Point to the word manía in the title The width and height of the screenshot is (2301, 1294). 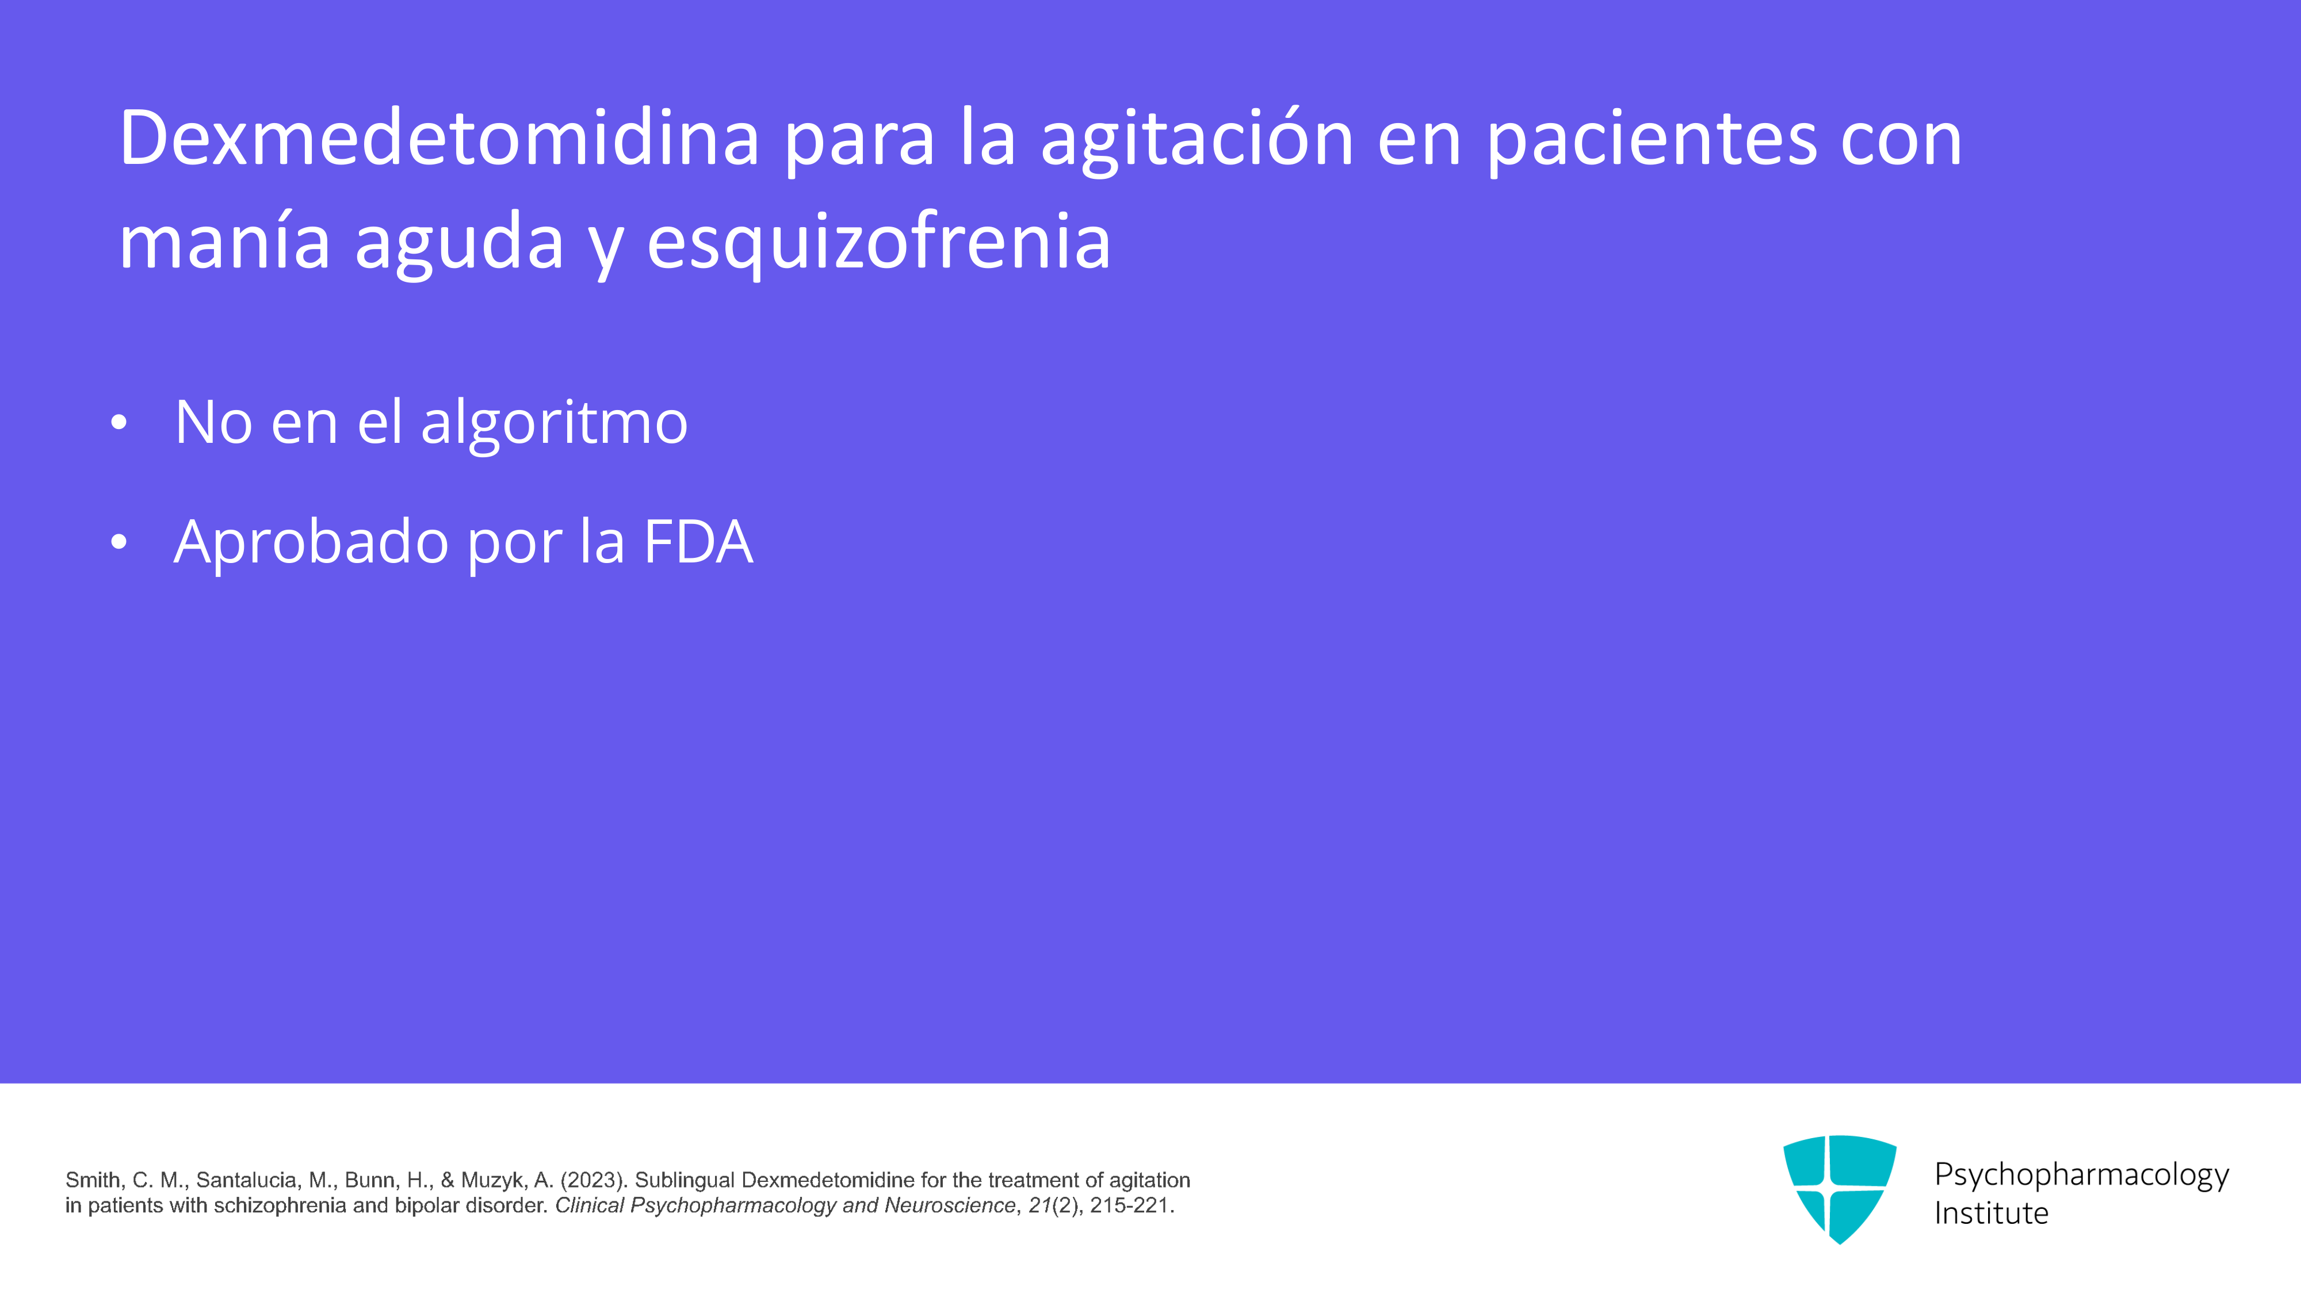(x=224, y=240)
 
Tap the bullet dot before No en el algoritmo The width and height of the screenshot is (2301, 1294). (x=119, y=423)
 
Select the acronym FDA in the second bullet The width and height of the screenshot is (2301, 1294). (x=698, y=541)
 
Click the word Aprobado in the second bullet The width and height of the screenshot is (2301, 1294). (x=311, y=541)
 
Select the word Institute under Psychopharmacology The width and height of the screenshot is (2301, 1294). (x=1991, y=1213)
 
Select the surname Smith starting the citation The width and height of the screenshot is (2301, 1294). (x=93, y=1181)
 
